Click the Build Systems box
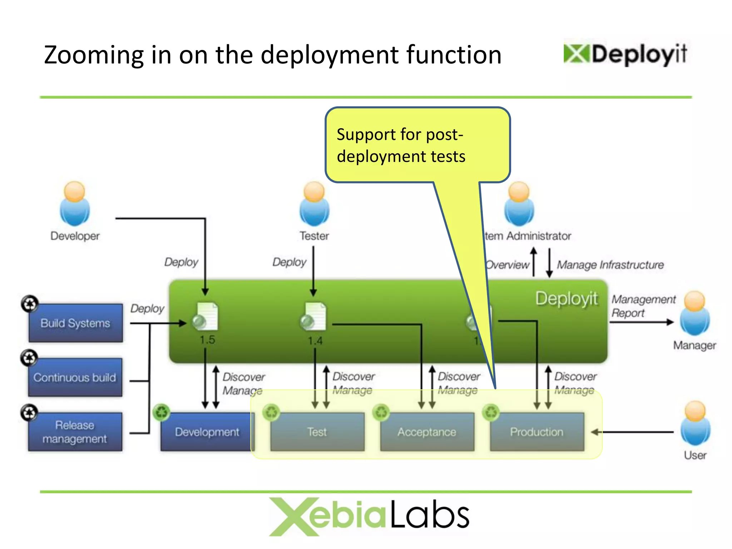pyautogui.click(x=75, y=323)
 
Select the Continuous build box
pyautogui.click(x=75, y=377)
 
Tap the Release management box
pyautogui.click(x=75, y=432)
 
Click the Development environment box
pyautogui.click(x=207, y=432)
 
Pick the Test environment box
pyautogui.click(x=317, y=432)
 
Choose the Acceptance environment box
pyautogui.click(x=427, y=432)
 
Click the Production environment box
pyautogui.click(x=536, y=432)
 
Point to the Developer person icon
pyautogui.click(x=75, y=204)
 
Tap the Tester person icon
pyautogui.click(x=314, y=204)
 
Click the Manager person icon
pyautogui.click(x=694, y=313)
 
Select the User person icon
pyautogui.click(x=695, y=423)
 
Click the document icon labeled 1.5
pyautogui.click(x=206, y=316)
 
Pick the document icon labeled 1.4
pyautogui.click(x=314, y=316)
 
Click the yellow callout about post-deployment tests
pyautogui.click(x=417, y=145)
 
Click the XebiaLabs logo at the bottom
pyautogui.click(x=369, y=516)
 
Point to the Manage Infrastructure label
pyautogui.click(x=610, y=265)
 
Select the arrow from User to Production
pyautogui.click(x=632, y=432)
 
